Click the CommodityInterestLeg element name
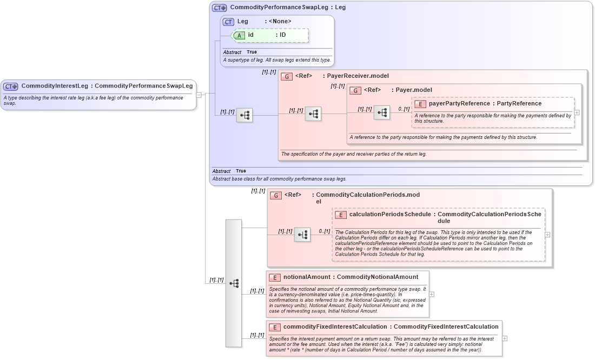(x=55, y=86)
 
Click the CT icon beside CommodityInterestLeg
(x=11, y=86)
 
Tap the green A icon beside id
(x=239, y=35)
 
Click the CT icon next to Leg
(x=228, y=22)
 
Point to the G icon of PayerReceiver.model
(x=287, y=76)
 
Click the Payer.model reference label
(x=412, y=90)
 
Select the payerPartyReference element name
(x=459, y=103)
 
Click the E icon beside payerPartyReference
(x=420, y=104)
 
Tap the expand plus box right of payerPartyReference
(x=577, y=112)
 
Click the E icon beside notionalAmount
(x=275, y=277)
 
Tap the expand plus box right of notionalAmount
(x=432, y=294)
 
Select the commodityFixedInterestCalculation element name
(x=335, y=327)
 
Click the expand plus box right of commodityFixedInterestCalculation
(x=505, y=338)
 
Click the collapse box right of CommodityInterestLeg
(x=199, y=95)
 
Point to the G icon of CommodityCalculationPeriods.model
(x=276, y=195)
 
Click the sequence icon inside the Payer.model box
(x=382, y=113)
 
